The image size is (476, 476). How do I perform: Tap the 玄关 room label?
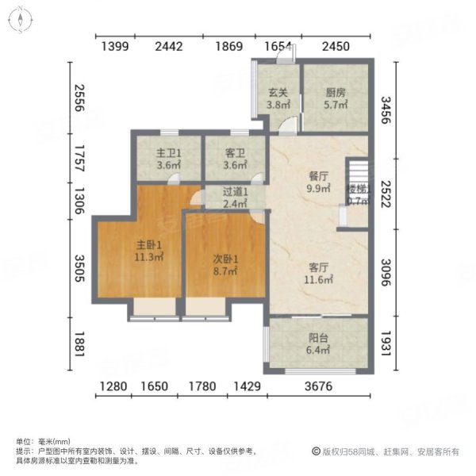click(x=277, y=91)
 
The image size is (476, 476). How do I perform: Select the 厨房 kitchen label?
click(x=336, y=91)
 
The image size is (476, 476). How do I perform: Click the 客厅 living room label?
click(x=318, y=267)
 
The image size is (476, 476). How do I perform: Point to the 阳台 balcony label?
click(x=318, y=335)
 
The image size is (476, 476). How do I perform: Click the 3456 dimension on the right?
click(x=386, y=108)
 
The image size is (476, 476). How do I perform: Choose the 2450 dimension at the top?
click(x=336, y=47)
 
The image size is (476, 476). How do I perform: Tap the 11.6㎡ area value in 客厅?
click(x=318, y=279)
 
